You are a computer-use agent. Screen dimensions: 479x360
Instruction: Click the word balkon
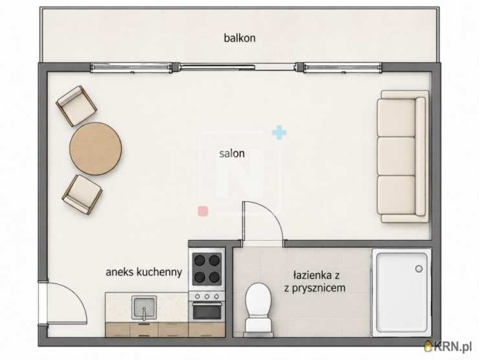pyautogui.click(x=240, y=38)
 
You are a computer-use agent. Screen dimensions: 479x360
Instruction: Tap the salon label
pyautogui.click(x=232, y=153)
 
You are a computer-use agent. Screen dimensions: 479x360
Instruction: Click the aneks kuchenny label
pyautogui.click(x=144, y=272)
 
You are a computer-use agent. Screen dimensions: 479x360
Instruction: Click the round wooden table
pyautogui.click(x=96, y=149)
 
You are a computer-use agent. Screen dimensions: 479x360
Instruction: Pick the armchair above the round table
pyautogui.click(x=76, y=106)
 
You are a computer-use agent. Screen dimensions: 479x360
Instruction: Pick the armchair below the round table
pyautogui.click(x=82, y=194)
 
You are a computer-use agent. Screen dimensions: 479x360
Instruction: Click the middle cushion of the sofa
pyautogui.click(x=396, y=156)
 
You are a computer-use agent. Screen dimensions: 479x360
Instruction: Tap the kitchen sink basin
pyautogui.click(x=144, y=307)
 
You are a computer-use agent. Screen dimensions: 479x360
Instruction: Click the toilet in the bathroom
pyautogui.click(x=258, y=309)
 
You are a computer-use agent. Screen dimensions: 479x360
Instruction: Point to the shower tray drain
pyautogui.click(x=419, y=269)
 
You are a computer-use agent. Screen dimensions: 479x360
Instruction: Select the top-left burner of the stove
pyautogui.click(x=199, y=260)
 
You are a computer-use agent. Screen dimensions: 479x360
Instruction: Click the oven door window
pyautogui.click(x=207, y=311)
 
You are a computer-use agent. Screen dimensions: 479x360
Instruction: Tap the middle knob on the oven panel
pyautogui.click(x=207, y=296)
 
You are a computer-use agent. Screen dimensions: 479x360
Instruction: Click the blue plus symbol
pyautogui.click(x=279, y=133)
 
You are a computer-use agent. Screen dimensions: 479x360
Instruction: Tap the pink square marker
pyautogui.click(x=203, y=211)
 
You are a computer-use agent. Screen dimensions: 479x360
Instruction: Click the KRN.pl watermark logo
pyautogui.click(x=448, y=346)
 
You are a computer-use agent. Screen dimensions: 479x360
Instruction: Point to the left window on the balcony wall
pyautogui.click(x=131, y=67)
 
